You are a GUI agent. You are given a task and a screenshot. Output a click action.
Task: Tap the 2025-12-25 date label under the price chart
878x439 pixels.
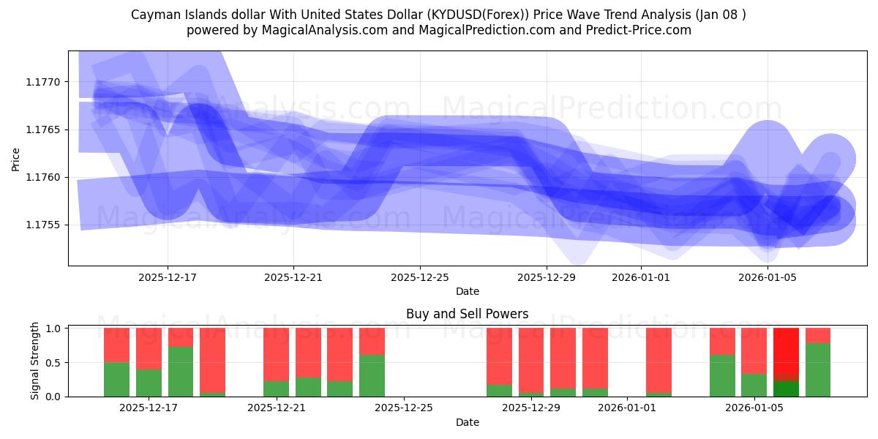(x=420, y=277)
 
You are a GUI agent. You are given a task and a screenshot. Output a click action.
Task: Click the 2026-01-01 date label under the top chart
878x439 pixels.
(x=641, y=277)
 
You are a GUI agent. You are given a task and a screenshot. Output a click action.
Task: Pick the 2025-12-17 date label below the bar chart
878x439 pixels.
(x=149, y=408)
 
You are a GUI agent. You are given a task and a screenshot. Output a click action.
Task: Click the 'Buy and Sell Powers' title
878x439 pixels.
(x=467, y=314)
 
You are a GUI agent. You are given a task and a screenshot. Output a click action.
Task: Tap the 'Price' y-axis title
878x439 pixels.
(x=16, y=158)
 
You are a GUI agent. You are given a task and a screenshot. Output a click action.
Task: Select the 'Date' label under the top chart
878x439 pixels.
(x=467, y=291)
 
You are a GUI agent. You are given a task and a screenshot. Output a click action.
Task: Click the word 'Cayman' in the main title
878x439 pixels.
(x=153, y=15)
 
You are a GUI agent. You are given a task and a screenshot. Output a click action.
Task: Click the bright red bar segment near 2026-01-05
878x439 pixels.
(x=786, y=351)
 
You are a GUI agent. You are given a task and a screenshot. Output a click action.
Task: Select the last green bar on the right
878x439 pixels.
(x=818, y=369)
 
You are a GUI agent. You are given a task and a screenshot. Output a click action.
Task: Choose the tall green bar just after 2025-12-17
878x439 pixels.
(x=181, y=372)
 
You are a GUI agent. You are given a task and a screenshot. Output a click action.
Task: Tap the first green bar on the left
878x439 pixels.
(x=116, y=379)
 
